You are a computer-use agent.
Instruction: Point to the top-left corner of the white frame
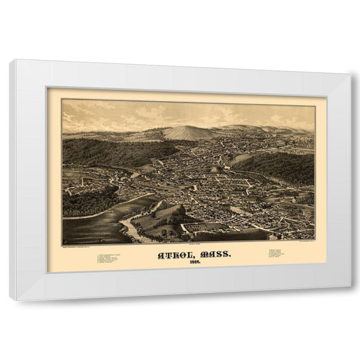pyautogui.click(x=10, y=61)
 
